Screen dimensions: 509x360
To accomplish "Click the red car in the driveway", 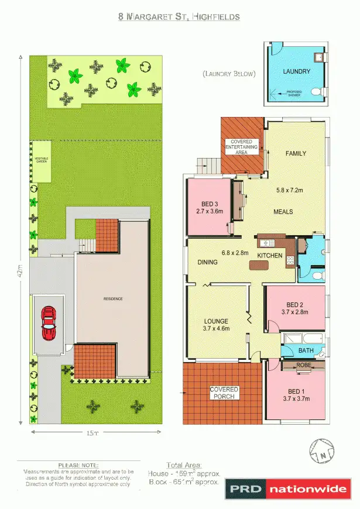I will point(49,323).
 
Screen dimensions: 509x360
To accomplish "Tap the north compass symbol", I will point(322,451).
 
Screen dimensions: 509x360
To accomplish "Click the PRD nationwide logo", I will point(289,489).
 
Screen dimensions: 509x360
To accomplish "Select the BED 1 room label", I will point(296,391).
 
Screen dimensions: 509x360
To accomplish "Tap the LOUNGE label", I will point(215,321).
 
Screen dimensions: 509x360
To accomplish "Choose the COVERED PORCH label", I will point(224,393).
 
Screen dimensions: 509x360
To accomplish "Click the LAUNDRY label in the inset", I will point(296,71).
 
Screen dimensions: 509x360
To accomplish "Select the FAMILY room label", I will point(296,153).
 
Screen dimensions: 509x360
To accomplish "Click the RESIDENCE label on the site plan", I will point(113,298).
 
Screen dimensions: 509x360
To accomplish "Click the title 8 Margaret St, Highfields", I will point(179,17).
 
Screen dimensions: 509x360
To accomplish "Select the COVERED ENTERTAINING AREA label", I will point(241,147).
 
